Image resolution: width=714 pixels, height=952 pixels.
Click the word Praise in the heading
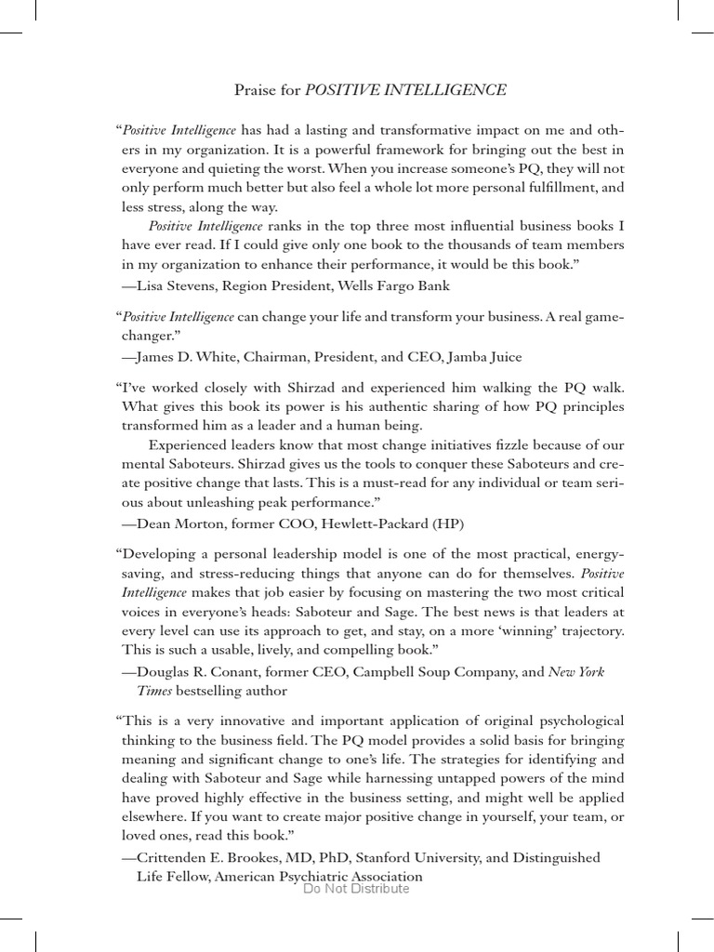[255, 90]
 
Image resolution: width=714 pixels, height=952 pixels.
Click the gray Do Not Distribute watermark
[356, 889]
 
